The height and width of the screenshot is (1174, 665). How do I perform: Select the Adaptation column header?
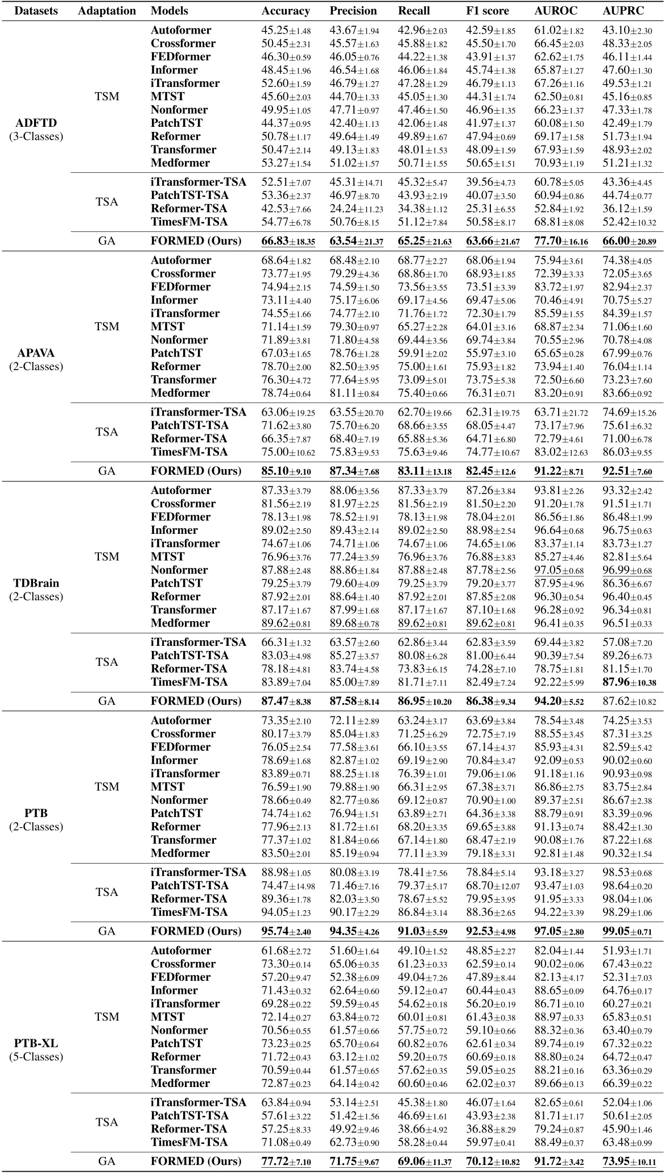pos(107,11)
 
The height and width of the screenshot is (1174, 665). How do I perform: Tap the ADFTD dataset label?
pos(36,123)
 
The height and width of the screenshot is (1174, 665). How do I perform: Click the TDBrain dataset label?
pos(36,583)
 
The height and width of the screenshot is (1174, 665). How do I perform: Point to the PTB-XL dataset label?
pos(36,1044)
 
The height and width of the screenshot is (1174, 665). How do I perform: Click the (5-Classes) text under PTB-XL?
pos(36,1057)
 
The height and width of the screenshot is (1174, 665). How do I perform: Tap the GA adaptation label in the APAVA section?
pos(107,471)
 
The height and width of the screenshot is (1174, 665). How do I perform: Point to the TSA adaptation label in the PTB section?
pos(107,892)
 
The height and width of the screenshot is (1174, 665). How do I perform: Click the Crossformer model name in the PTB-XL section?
pos(183,964)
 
